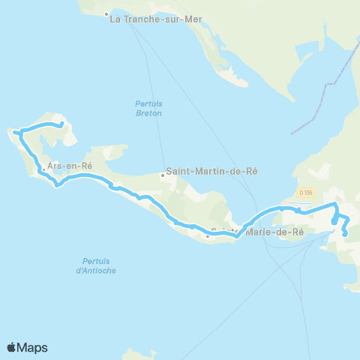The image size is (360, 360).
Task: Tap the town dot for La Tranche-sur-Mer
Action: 106,14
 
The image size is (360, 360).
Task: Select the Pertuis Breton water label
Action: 148,108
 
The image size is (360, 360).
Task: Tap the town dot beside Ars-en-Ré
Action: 43,169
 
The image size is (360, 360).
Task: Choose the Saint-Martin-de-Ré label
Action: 211,171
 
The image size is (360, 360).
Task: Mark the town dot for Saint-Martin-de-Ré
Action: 163,176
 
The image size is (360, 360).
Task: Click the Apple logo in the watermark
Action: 11,347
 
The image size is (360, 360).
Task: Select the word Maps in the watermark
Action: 32,347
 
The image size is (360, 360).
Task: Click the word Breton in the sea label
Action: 148,113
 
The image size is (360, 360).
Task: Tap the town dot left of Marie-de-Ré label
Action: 208,236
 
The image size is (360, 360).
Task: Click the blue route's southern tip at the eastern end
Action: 345,235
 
